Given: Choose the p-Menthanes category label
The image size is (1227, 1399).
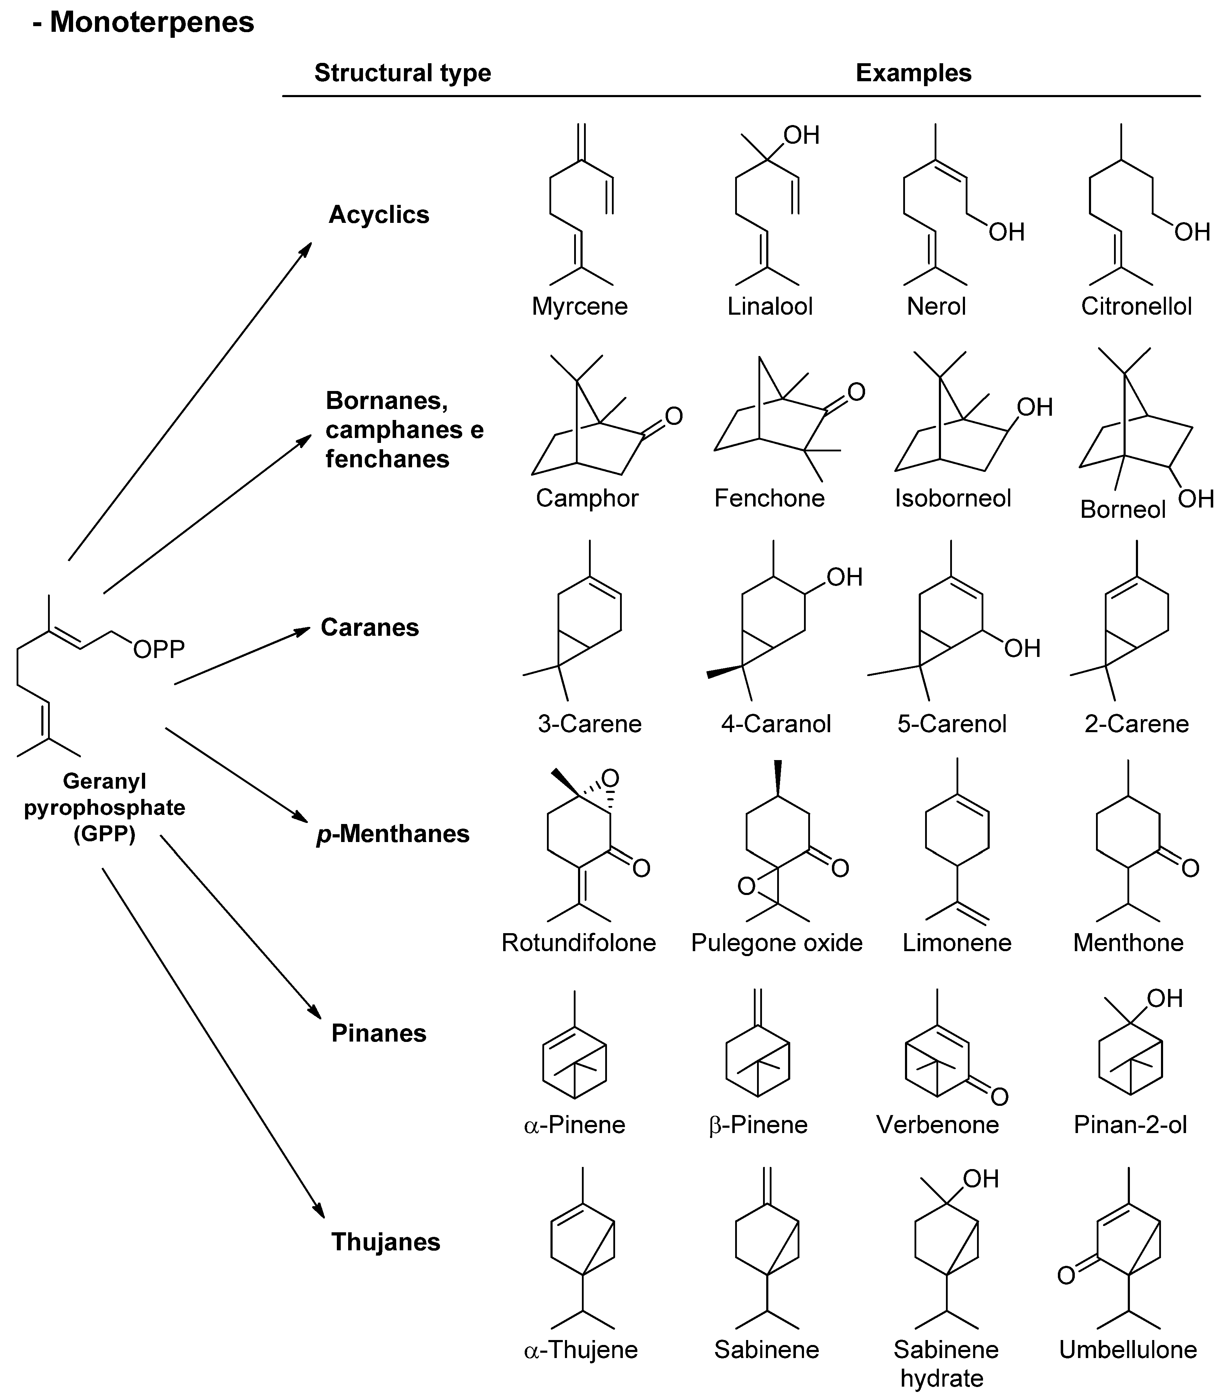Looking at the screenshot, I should pyautogui.click(x=393, y=834).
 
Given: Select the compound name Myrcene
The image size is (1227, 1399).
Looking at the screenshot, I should pyautogui.click(x=580, y=306).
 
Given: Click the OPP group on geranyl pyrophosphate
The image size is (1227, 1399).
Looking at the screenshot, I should pyautogui.click(x=159, y=649).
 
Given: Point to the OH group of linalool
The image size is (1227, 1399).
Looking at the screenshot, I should pyautogui.click(x=802, y=136).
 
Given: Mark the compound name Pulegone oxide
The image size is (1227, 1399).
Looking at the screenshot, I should pyautogui.click(x=776, y=942).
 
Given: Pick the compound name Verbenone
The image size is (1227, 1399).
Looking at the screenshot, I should pyautogui.click(x=937, y=1125).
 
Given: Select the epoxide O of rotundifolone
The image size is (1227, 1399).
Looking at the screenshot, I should pyautogui.click(x=610, y=778).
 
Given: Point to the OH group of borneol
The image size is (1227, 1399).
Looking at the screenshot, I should pyautogui.click(x=1196, y=499).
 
